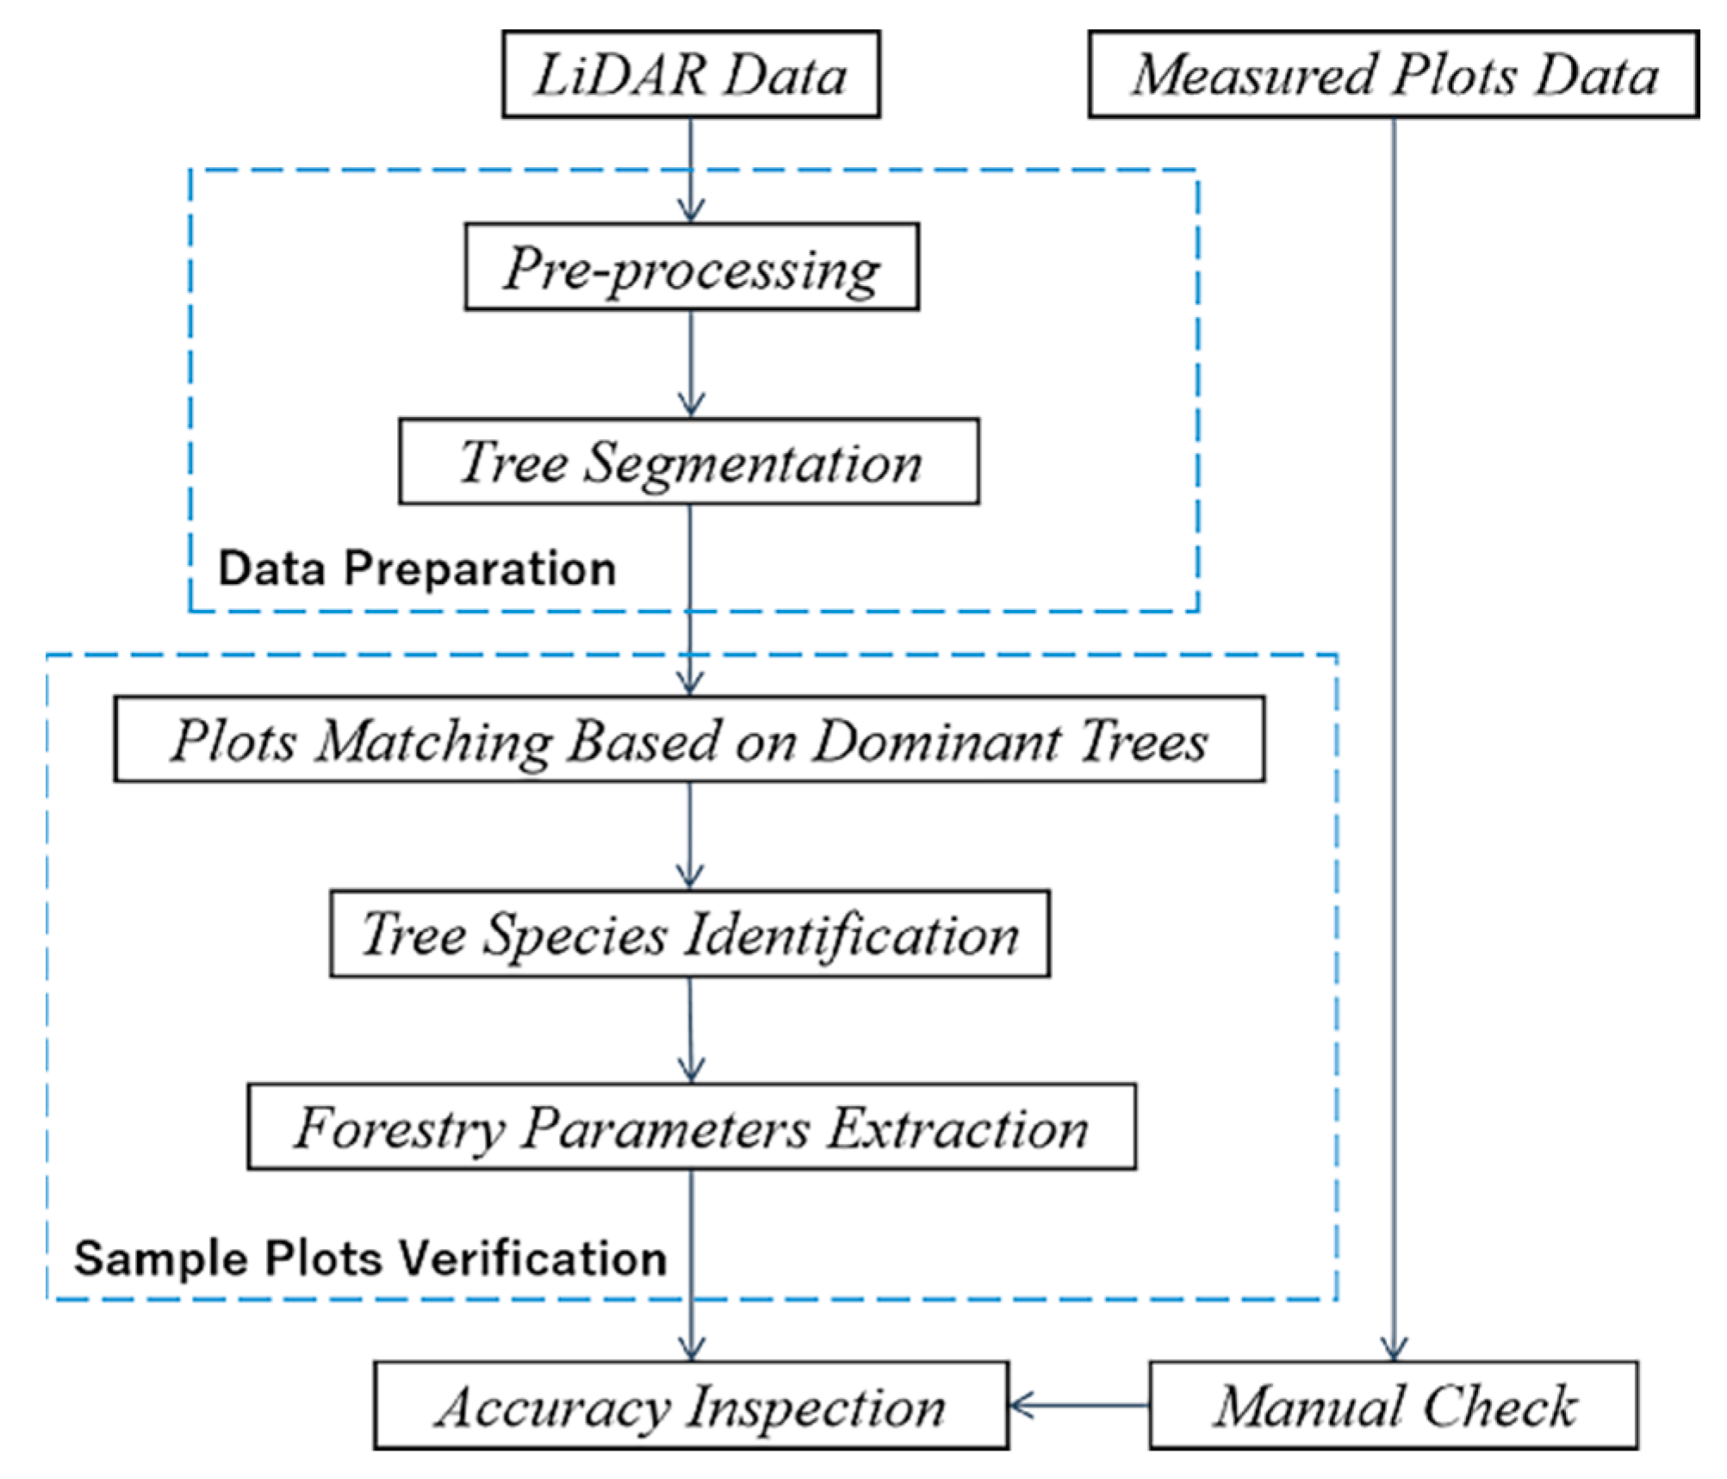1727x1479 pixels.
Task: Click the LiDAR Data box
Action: [x=691, y=75]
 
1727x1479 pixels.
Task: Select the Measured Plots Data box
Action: [x=1393, y=75]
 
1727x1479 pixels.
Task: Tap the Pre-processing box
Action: [x=691, y=267]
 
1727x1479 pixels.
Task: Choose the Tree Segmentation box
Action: [x=689, y=462]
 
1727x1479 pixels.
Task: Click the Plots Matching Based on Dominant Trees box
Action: [x=689, y=739]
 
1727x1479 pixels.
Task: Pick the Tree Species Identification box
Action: [x=689, y=934]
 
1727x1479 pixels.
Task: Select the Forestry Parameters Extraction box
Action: [x=691, y=1127]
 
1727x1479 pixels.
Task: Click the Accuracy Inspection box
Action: [x=691, y=1406]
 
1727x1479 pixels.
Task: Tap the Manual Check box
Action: [x=1393, y=1406]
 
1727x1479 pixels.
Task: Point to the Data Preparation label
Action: [x=417, y=569]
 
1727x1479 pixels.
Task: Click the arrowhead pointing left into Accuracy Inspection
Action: [x=1021, y=1406]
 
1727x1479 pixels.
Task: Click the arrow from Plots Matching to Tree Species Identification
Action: [x=689, y=836]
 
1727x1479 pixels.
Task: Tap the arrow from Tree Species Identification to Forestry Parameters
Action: [x=691, y=1029]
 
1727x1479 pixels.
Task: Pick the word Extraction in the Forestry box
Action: [x=958, y=1128]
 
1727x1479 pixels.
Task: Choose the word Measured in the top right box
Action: [x=1253, y=75]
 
